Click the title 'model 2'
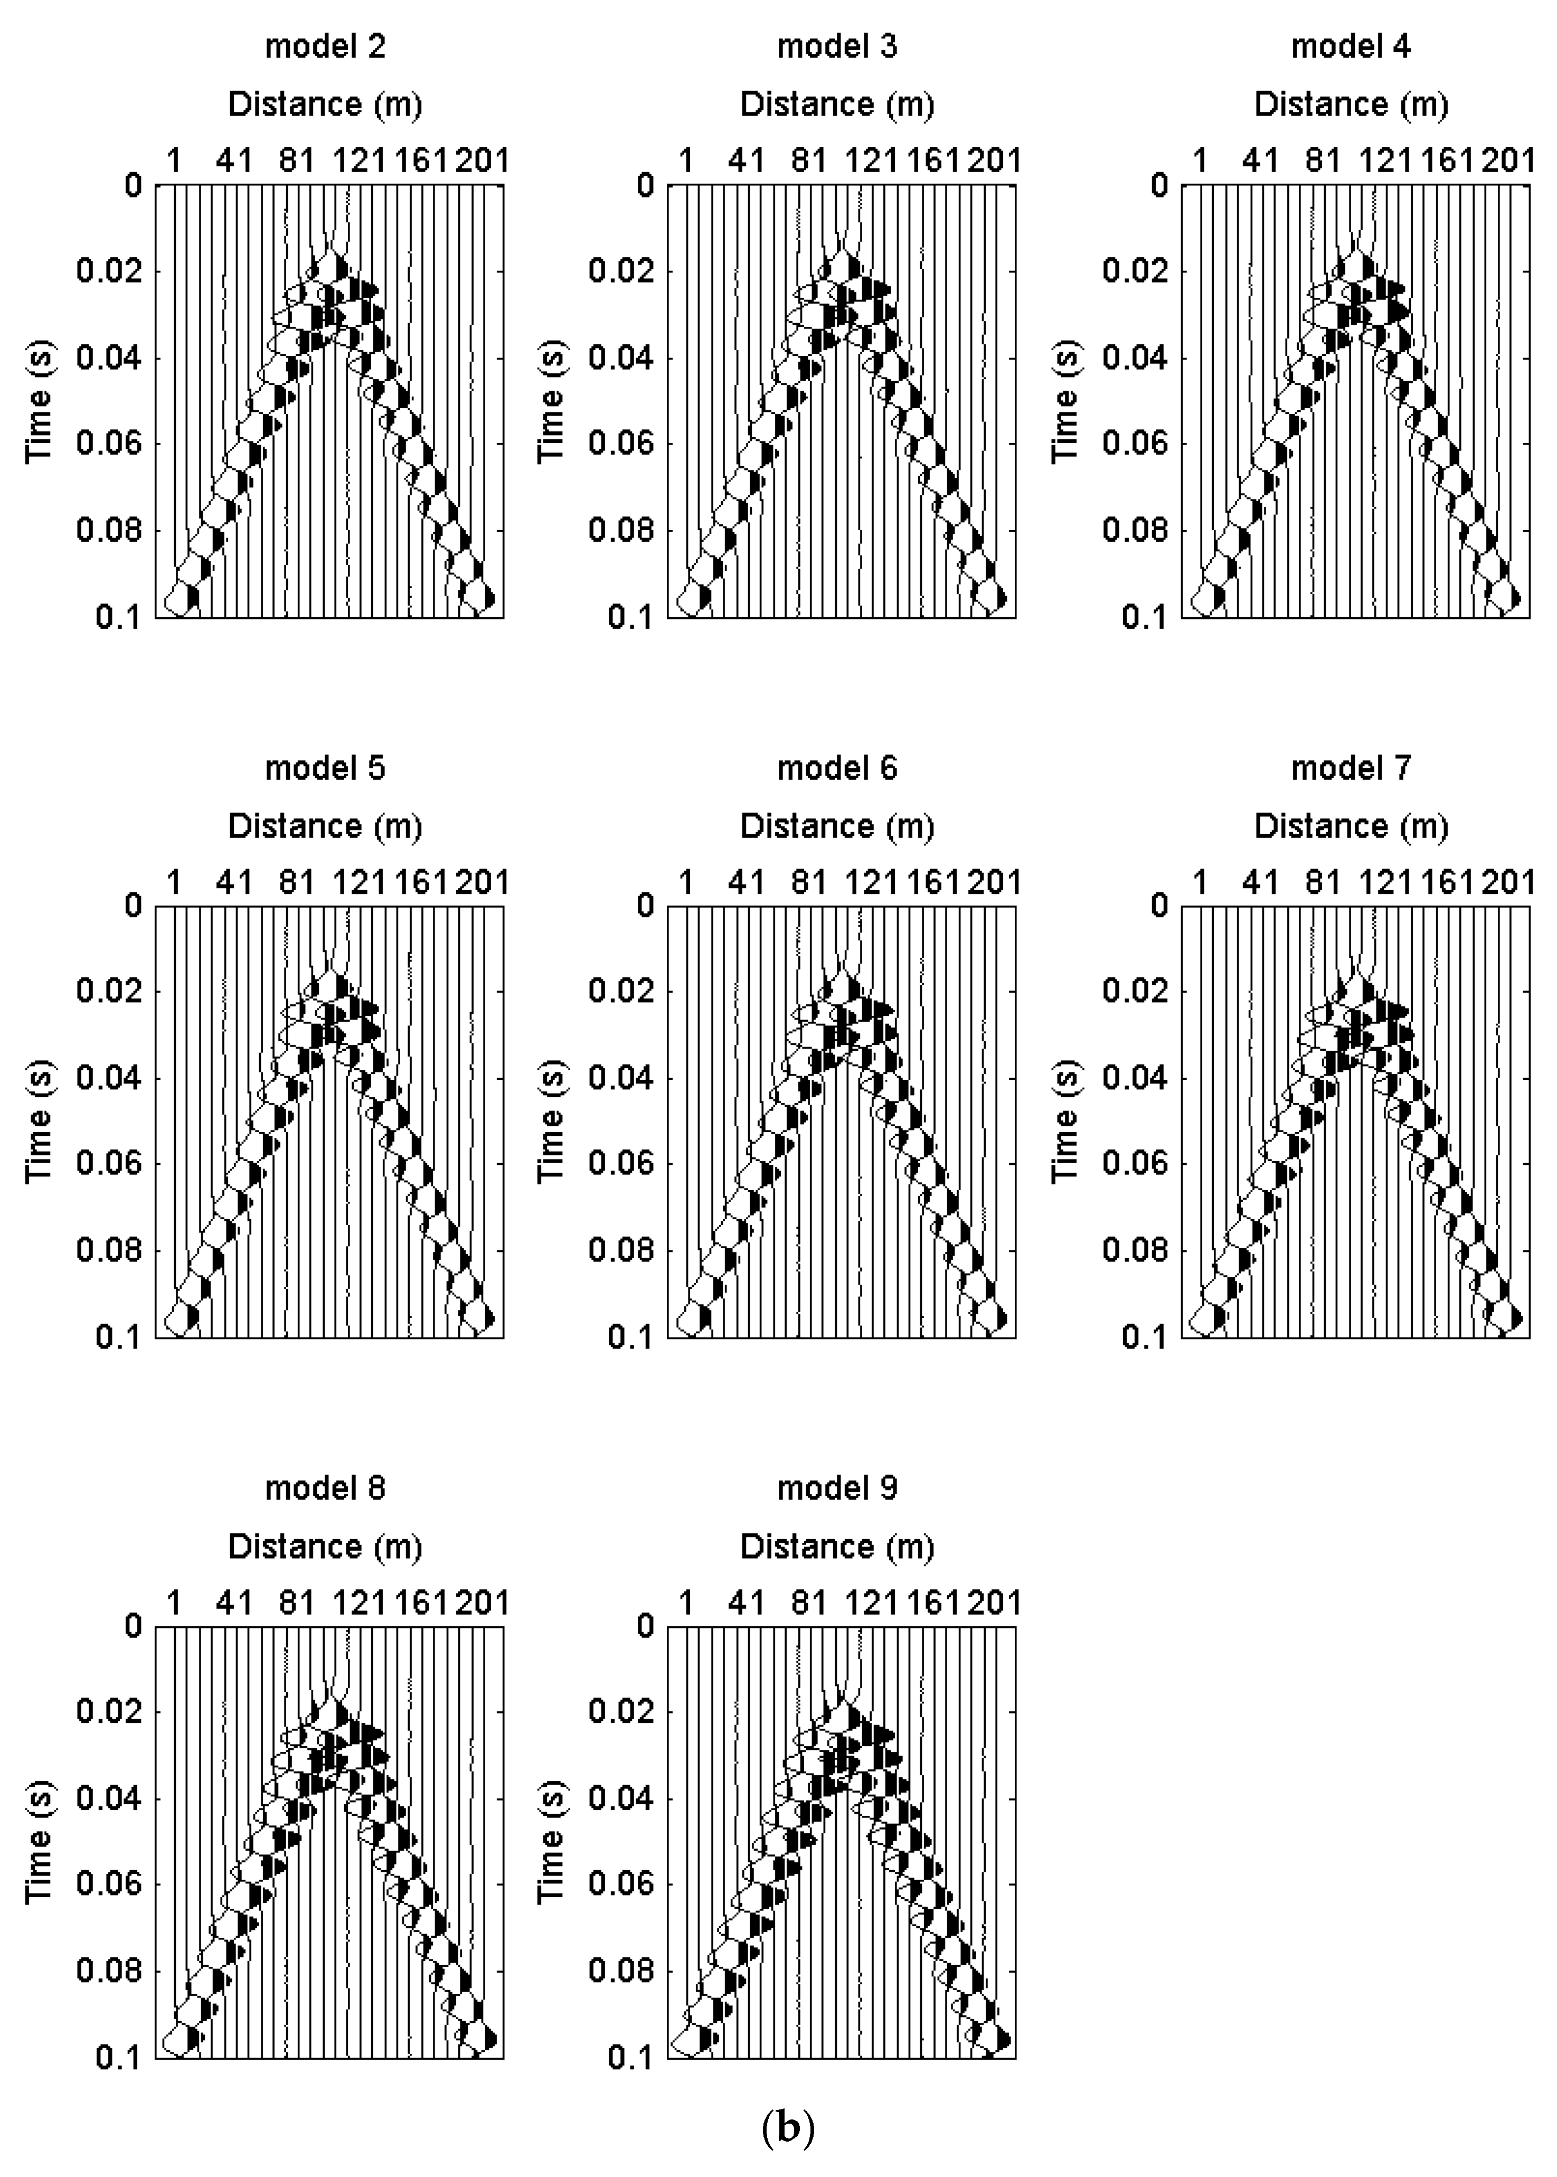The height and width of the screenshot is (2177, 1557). coord(325,46)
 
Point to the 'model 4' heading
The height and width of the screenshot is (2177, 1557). coord(1351,46)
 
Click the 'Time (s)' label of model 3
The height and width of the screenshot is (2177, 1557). coord(551,401)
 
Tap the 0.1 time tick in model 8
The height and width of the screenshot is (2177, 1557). coord(118,2057)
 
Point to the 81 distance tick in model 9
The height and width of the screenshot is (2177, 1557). coord(809,1602)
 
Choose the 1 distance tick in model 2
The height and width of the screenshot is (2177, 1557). coord(174,160)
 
